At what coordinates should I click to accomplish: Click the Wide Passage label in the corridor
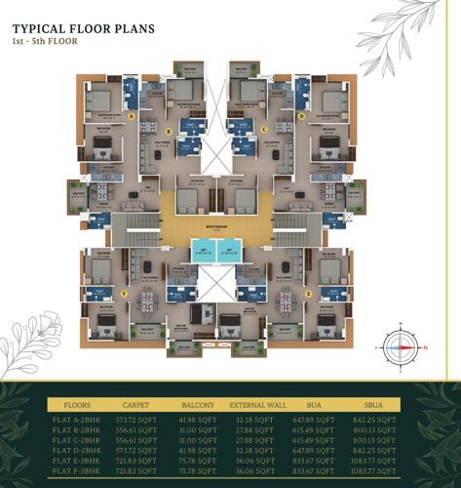pyautogui.click(x=216, y=229)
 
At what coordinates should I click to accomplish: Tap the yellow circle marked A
pyautogui.click(x=132, y=115)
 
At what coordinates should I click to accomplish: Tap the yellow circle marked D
pyautogui.click(x=302, y=115)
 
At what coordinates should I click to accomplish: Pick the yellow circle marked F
pyautogui.click(x=124, y=293)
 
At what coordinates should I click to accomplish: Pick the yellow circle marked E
pyautogui.click(x=309, y=293)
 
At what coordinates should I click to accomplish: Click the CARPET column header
pyautogui.click(x=135, y=402)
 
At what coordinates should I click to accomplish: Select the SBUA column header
pyautogui.click(x=377, y=402)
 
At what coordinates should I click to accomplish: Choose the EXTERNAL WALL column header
pyautogui.click(x=255, y=402)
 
